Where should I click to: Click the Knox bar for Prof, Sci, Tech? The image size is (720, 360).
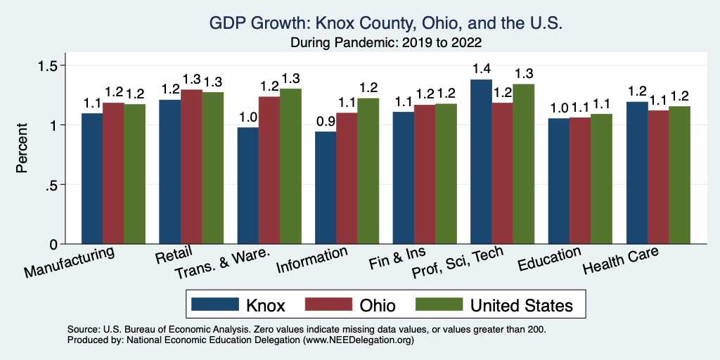coord(481,162)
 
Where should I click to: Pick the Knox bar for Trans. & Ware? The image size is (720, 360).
coord(247,186)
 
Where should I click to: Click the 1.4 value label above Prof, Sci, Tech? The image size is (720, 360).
coord(481,70)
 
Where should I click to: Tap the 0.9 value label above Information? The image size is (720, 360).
coord(326,122)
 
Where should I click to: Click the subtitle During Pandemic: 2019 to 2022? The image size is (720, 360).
coord(386,42)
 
